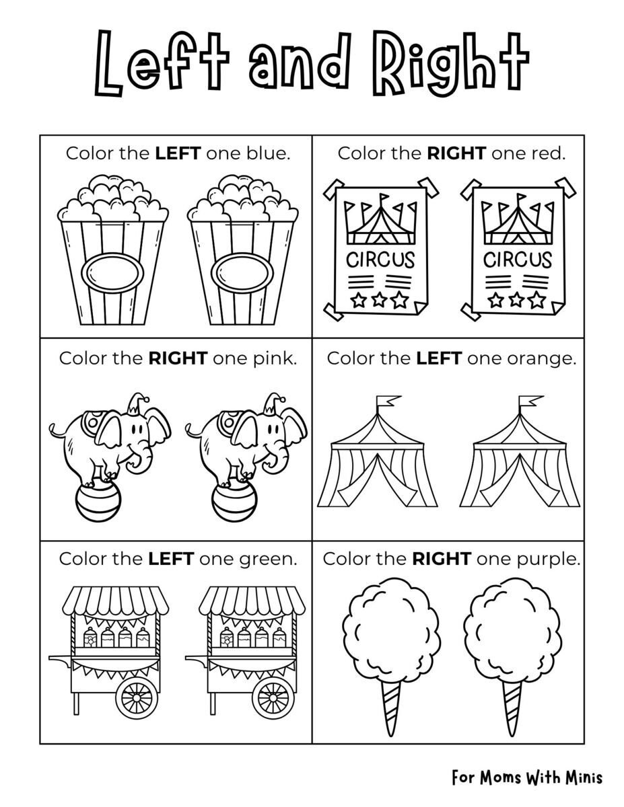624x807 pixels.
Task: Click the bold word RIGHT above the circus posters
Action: pos(456,153)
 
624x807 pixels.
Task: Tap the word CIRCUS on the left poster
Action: pos(380,259)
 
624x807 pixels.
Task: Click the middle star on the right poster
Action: pos(518,298)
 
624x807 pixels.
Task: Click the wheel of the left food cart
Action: pos(137,697)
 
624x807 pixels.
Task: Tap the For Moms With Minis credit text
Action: pos(527,777)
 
